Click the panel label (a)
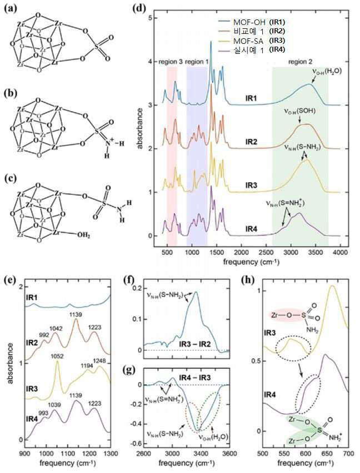(x=9, y=8)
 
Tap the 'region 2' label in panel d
(x=300, y=62)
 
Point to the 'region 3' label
(x=170, y=62)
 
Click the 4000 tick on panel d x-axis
(x=340, y=252)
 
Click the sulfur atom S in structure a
(x=96, y=47)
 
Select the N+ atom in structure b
(x=109, y=141)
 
